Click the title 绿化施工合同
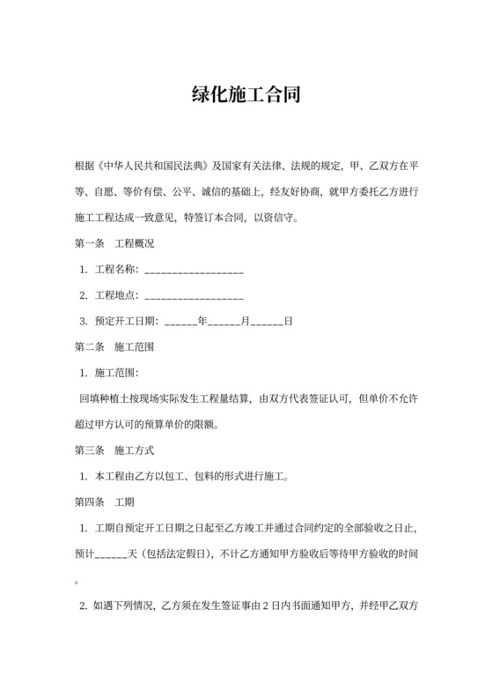coord(246,94)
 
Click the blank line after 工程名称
coord(194,270)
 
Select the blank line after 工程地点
coord(194,295)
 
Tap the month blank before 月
coord(223,321)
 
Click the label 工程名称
coord(115,269)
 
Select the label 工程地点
coord(115,294)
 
